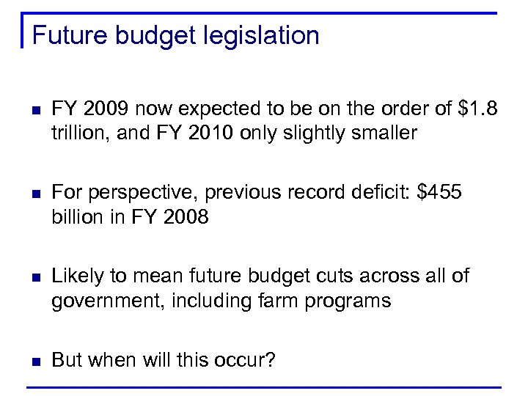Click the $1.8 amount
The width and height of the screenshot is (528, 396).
(x=477, y=110)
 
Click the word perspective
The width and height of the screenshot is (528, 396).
(x=142, y=194)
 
